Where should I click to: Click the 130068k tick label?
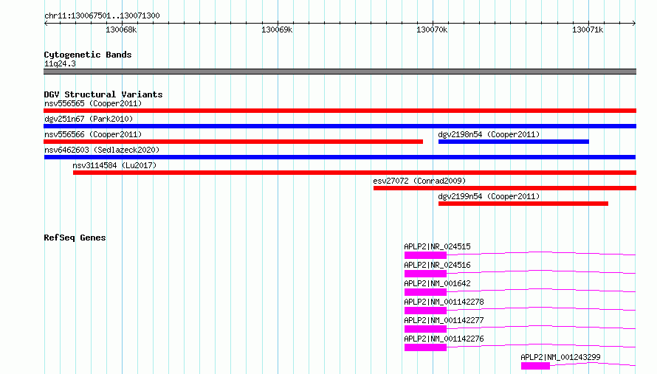click(121, 30)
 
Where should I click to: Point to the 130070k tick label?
click(432, 30)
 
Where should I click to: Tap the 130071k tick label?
click(588, 30)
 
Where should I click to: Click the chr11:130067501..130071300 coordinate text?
click(102, 15)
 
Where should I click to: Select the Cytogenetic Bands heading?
click(88, 55)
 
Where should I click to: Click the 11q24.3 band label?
click(60, 63)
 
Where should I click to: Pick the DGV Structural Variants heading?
click(103, 94)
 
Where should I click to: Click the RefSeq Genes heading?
click(75, 238)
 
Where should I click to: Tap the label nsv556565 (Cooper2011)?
click(93, 103)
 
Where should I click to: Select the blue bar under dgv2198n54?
click(513, 142)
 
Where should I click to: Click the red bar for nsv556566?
click(233, 142)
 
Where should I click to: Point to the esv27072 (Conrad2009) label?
click(419, 181)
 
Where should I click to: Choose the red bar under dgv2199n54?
click(523, 204)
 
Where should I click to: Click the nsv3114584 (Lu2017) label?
click(114, 165)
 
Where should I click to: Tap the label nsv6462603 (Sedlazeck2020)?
click(102, 150)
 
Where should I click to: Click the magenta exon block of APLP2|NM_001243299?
click(535, 366)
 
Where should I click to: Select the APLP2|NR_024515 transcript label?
click(437, 246)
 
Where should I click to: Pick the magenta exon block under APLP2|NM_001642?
click(425, 292)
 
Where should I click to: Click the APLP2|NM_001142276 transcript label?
click(444, 339)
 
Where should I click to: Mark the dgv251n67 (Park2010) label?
click(89, 119)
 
